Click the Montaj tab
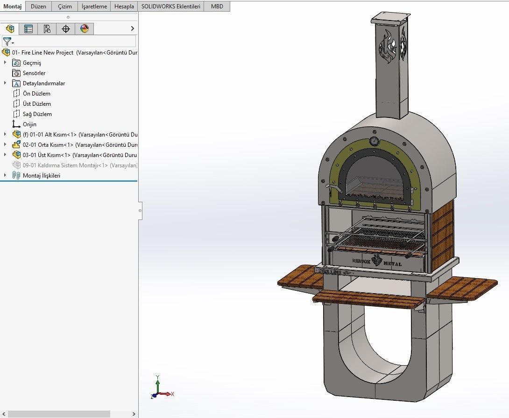point(13,7)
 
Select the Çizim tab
point(65,7)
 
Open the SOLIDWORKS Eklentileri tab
point(171,7)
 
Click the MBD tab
point(217,7)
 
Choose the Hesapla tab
point(124,7)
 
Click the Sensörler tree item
point(34,73)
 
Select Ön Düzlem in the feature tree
point(36,94)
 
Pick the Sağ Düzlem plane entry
point(37,114)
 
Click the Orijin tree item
point(29,124)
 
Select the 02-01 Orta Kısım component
point(47,145)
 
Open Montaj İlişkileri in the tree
point(41,176)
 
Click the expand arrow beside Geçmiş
point(5,63)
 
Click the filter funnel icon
point(7,42)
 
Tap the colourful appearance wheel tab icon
point(84,29)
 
